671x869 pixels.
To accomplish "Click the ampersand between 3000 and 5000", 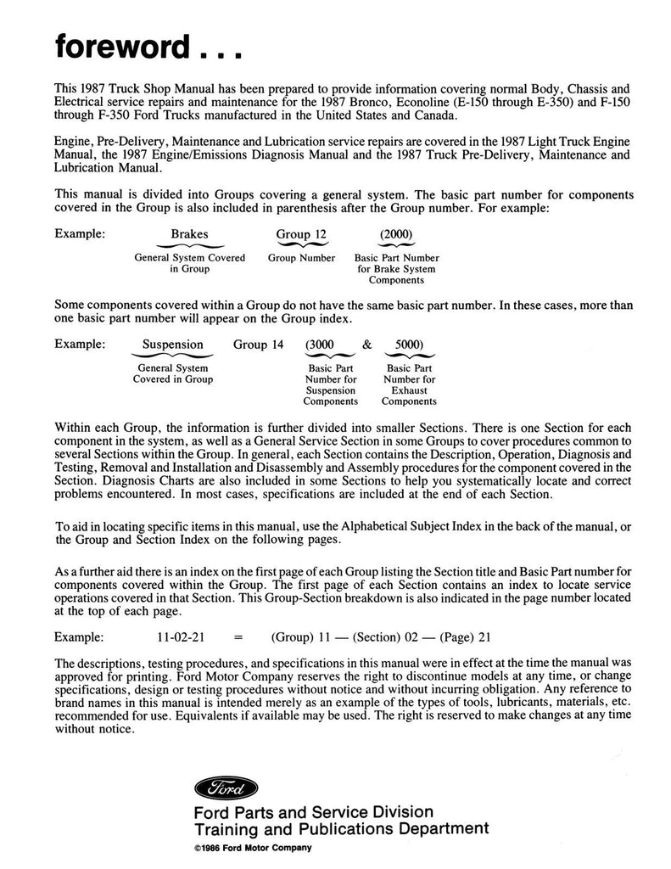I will tap(366, 345).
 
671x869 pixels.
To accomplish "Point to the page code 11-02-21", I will tap(170, 636).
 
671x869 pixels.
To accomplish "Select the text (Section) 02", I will tap(377, 636).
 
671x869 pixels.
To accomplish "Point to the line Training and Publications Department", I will tap(342, 829).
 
